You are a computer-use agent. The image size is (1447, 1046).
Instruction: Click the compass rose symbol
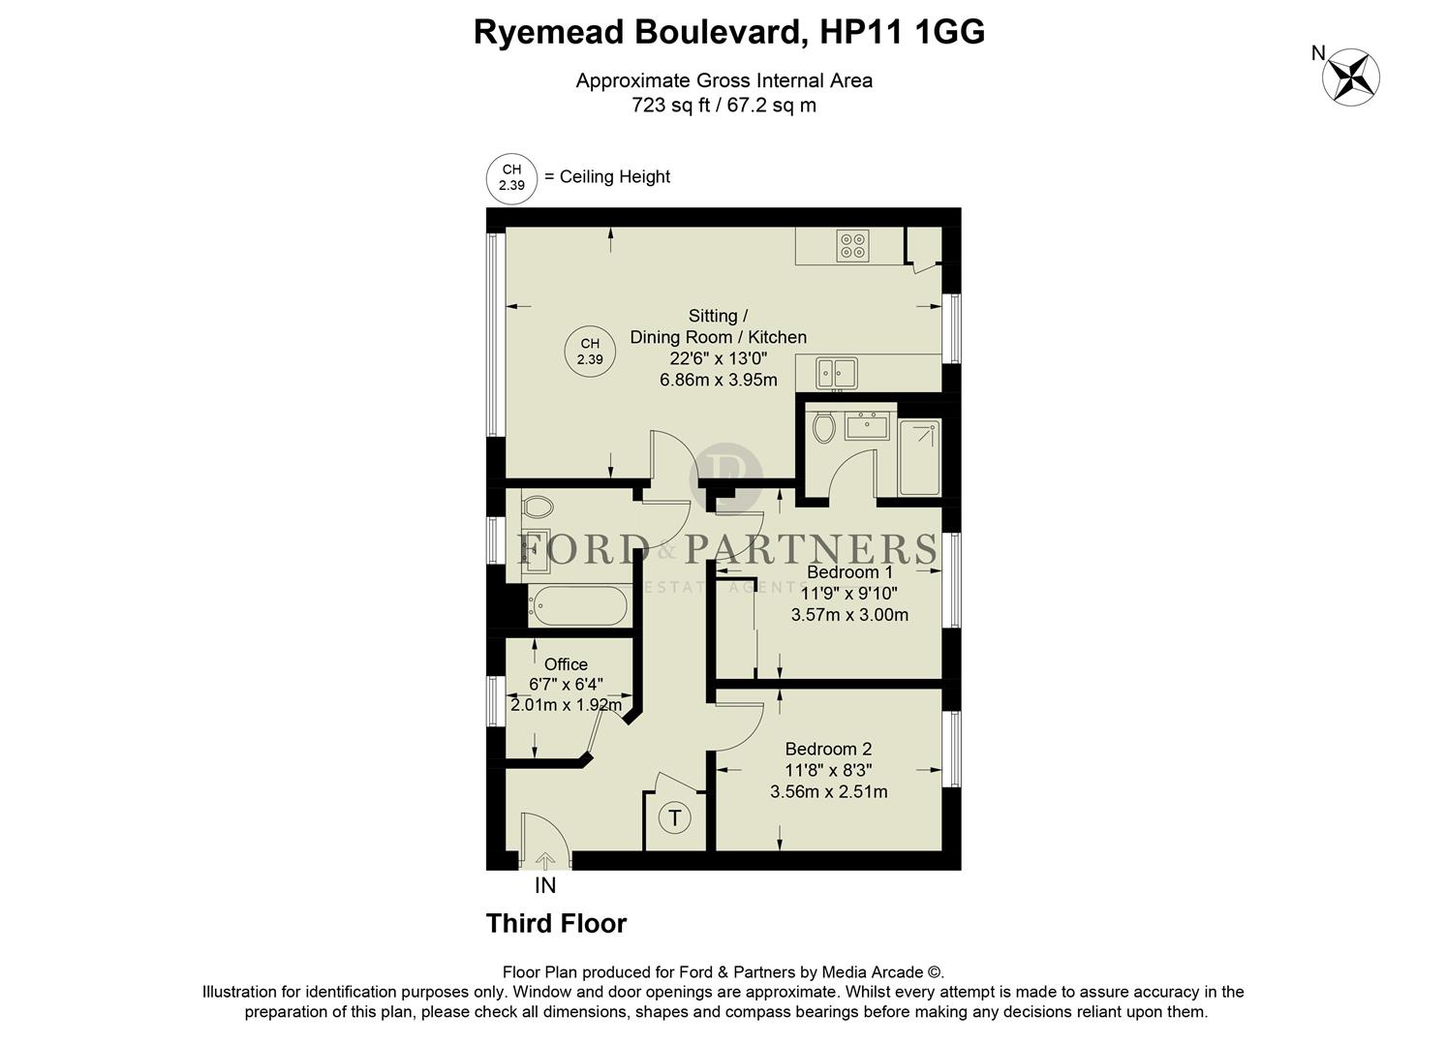click(1351, 77)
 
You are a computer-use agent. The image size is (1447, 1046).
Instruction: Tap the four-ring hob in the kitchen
click(853, 245)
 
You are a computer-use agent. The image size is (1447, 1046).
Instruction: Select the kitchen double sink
click(836, 372)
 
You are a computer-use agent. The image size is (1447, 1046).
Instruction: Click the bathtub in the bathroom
click(577, 606)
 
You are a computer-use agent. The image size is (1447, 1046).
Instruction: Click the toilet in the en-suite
click(824, 427)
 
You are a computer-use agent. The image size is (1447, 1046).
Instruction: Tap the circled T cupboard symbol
click(675, 818)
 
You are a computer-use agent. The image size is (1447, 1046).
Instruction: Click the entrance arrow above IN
click(545, 860)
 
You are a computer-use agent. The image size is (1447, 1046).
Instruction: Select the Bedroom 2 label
click(828, 749)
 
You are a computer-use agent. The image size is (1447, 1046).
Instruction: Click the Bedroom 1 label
click(849, 572)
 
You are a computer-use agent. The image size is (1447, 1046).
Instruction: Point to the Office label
click(566, 664)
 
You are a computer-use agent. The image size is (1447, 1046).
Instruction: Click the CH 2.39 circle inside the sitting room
click(590, 351)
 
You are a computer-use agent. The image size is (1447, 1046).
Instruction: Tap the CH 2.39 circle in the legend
click(511, 177)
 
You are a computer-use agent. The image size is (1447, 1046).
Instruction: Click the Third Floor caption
click(556, 924)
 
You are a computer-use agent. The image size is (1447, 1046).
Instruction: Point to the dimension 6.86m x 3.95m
click(718, 380)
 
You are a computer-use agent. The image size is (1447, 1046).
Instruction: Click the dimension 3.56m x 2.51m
click(828, 791)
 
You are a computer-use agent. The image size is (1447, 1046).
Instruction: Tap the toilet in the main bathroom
click(538, 507)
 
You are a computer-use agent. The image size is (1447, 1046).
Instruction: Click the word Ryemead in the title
click(547, 32)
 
